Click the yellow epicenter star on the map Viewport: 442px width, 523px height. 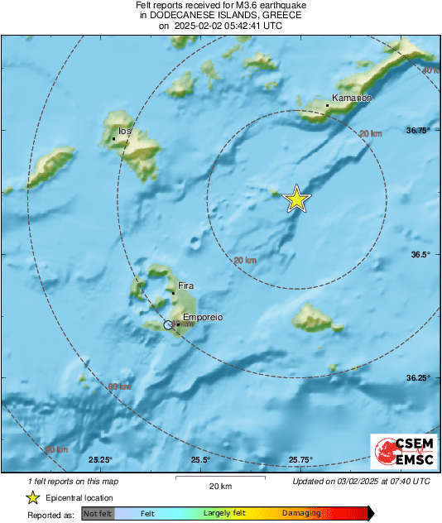(x=296, y=199)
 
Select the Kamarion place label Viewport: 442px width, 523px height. (x=352, y=98)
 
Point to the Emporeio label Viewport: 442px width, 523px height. (x=202, y=317)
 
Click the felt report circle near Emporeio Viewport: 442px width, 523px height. (x=169, y=325)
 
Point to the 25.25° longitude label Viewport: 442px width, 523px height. (x=100, y=460)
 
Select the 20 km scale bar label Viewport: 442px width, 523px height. (x=219, y=486)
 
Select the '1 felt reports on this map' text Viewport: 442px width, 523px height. (x=72, y=481)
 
